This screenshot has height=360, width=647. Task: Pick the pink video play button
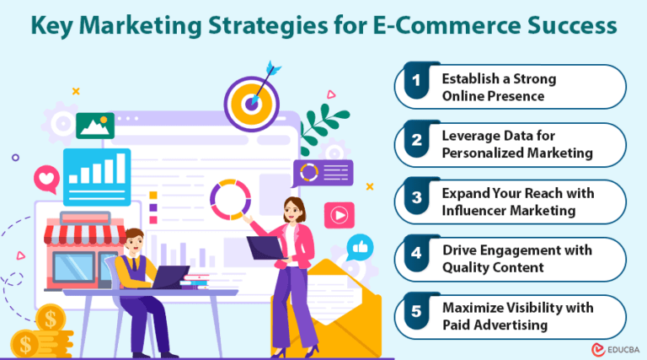click(339, 214)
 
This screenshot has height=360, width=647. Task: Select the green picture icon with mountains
click(94, 126)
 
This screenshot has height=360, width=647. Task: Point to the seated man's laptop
click(168, 277)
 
